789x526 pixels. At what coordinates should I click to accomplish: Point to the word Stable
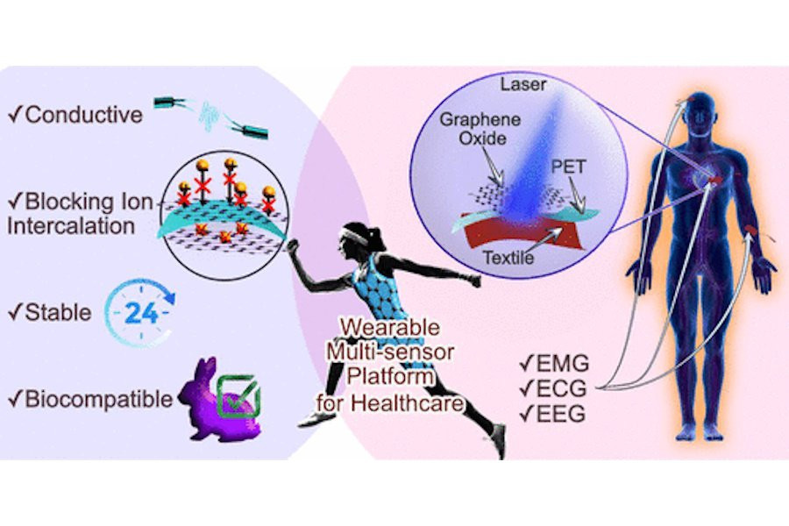(60, 310)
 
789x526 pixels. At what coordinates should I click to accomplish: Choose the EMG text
(553, 362)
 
